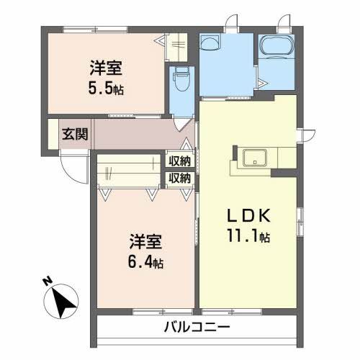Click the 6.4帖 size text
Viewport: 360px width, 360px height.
tap(145, 261)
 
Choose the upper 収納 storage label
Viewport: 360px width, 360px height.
tap(180, 161)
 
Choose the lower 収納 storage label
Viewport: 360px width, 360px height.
tap(180, 177)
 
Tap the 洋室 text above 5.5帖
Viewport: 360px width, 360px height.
tap(106, 69)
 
